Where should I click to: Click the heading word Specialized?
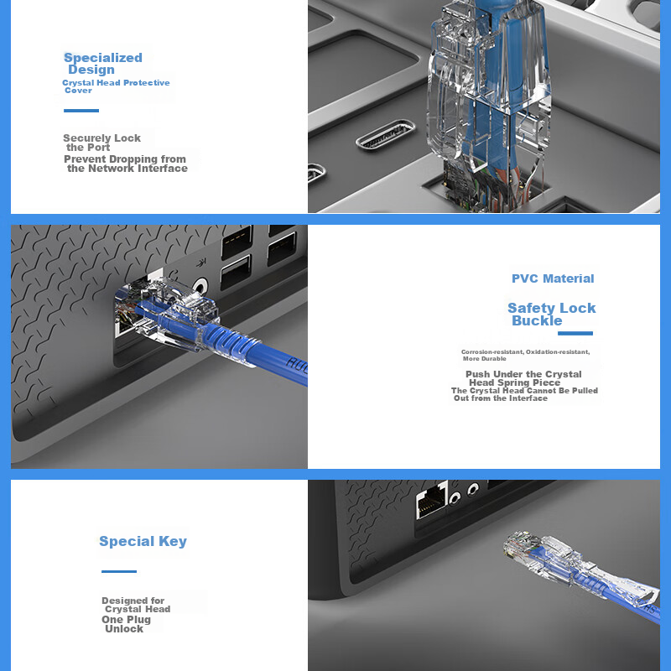102,58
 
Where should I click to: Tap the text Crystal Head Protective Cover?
116,86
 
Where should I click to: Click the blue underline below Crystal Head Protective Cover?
81,111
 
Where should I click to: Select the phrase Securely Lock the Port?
101,143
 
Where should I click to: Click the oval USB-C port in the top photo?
386,134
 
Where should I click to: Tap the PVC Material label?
553,278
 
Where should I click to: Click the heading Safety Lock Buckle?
552,314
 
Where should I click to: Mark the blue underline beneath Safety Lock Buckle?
575,333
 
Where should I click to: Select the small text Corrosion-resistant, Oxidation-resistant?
526,351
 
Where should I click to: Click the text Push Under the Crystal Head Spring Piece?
523,378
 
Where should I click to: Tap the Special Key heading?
143,541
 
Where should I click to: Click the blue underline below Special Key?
119,571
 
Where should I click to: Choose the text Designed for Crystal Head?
136,605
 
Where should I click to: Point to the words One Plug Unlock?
127,624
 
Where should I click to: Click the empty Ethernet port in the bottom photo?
432,500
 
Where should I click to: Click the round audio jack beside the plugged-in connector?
200,285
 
